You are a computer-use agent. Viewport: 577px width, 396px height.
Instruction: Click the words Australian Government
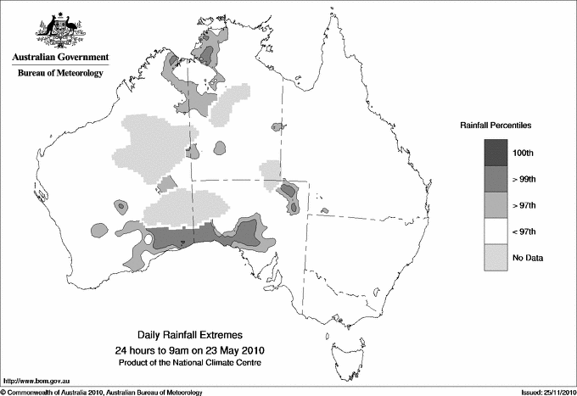pyautogui.click(x=60, y=58)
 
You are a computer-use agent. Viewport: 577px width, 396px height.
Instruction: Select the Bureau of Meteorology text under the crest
pyautogui.click(x=60, y=74)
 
